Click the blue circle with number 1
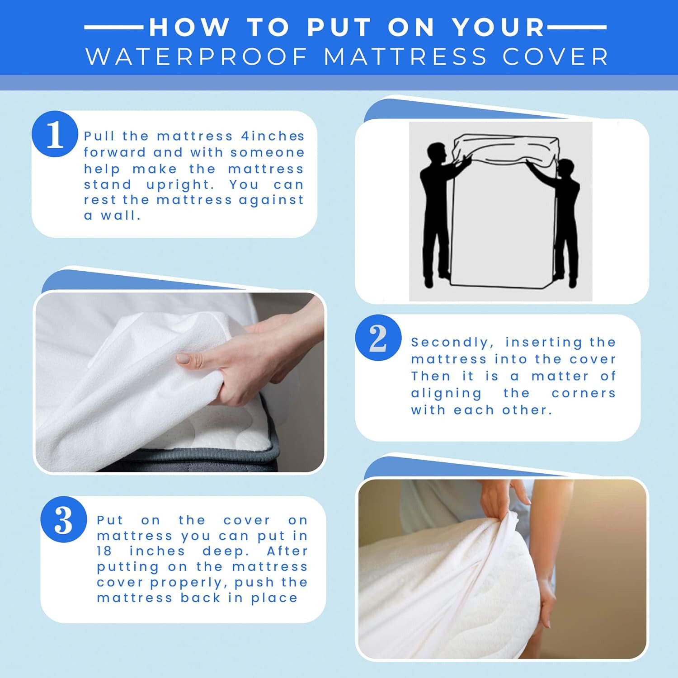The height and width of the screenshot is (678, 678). click(x=55, y=134)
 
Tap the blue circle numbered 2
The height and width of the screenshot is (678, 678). click(x=378, y=338)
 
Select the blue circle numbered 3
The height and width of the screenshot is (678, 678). click(x=63, y=519)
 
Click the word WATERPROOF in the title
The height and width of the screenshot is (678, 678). click(x=197, y=57)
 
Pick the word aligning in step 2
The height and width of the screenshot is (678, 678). click(x=446, y=393)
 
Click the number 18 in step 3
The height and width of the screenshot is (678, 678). click(x=105, y=551)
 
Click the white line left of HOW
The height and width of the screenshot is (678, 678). click(x=113, y=27)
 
